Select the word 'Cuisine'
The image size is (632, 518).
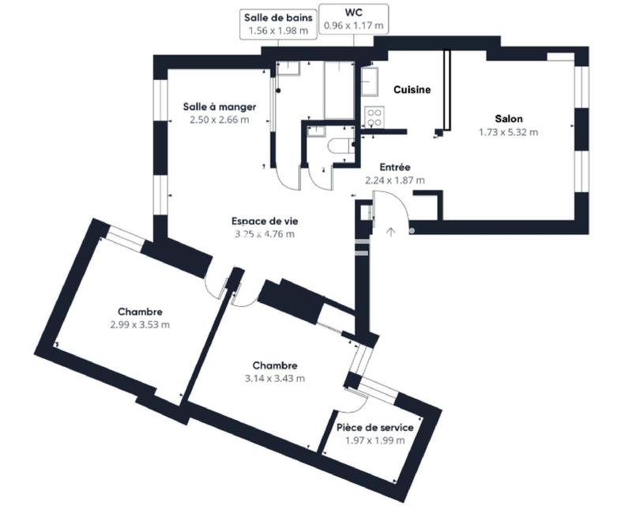(412, 89)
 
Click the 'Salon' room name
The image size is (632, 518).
(508, 119)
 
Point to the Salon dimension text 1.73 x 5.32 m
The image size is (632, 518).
(508, 132)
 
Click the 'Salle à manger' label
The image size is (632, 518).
(219, 107)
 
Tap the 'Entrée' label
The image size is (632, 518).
(394, 167)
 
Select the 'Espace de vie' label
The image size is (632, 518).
(263, 221)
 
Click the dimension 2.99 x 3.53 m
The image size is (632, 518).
(141, 324)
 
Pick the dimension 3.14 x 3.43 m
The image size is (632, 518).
(275, 378)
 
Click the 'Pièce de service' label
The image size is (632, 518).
(375, 427)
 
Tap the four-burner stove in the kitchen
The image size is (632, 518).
(373, 118)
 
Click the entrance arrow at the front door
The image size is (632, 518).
(391, 232)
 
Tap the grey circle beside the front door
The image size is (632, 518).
(412, 231)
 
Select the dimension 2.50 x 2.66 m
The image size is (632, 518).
(219, 120)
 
